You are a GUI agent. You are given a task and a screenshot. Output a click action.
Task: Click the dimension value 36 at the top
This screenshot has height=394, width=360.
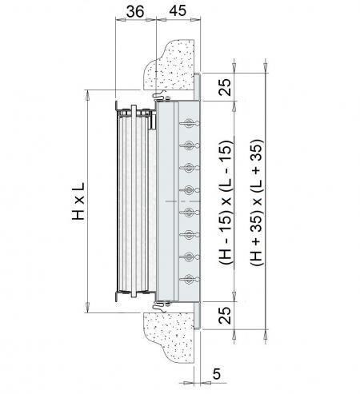coord(135,11)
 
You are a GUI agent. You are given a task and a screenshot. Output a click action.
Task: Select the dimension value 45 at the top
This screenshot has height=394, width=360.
coord(178,11)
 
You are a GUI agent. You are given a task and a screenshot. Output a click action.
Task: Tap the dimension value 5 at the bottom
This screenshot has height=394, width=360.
coord(217,374)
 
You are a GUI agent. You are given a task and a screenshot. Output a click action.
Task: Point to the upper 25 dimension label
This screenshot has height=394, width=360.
coord(225,87)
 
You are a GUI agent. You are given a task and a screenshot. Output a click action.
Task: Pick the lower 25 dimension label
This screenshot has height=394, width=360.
coord(225,316)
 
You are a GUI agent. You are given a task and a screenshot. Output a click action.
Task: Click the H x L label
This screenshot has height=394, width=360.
coord(78,201)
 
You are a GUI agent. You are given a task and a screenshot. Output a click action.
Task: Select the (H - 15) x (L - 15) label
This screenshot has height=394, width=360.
coord(226,202)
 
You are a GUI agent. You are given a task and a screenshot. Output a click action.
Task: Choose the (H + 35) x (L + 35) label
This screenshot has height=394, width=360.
coord(257,202)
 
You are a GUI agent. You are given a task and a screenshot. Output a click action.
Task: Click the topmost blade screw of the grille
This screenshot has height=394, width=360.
coord(190,123)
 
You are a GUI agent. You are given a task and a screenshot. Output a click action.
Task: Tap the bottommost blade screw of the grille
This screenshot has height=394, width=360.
coord(190,279)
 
